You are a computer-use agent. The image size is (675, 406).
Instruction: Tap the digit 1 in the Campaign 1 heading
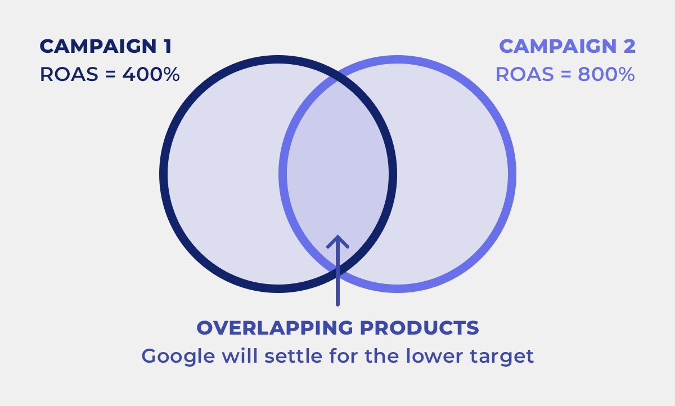[167, 46]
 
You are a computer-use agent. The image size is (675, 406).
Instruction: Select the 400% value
[151, 74]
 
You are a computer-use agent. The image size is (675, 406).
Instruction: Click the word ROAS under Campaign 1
[69, 74]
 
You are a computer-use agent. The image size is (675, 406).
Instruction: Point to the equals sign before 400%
[111, 75]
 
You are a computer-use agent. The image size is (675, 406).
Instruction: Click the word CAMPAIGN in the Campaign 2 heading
[558, 46]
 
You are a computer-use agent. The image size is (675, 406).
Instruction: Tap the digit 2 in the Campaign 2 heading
[629, 46]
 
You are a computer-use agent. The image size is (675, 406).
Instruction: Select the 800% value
[606, 74]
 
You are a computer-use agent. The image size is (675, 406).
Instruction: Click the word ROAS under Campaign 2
[525, 74]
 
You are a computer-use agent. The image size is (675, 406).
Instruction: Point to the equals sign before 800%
[566, 75]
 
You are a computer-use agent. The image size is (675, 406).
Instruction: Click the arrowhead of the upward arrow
[338, 241]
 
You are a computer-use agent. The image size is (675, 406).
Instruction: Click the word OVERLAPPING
[275, 328]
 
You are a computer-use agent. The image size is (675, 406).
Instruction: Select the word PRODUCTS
[420, 328]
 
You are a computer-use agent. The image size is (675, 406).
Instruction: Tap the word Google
[178, 357]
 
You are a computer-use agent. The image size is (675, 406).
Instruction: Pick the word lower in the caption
[434, 356]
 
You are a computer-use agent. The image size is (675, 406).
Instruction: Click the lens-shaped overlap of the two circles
[338, 174]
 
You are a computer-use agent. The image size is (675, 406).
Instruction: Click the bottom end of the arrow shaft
[338, 304]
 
